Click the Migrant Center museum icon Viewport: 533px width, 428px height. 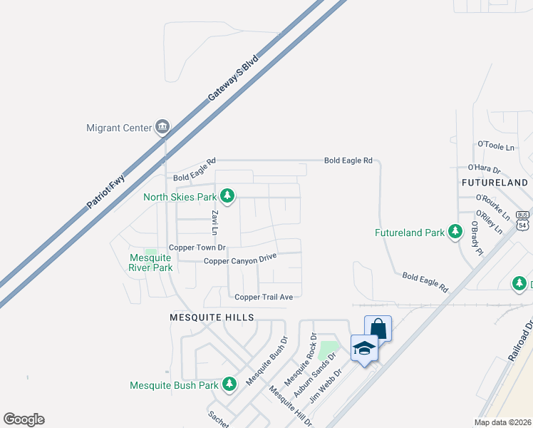162,128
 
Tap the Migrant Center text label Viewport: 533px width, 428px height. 119,128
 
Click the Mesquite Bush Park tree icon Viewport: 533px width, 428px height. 229,384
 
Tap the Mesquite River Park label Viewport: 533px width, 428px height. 150,263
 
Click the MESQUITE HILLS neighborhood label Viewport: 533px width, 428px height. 211,317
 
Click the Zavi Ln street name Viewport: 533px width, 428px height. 213,222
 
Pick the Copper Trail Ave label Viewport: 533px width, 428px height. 264,297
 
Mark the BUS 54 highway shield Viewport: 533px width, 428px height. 523,220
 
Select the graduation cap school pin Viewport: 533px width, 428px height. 364,349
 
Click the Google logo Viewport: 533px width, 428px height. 24,419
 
